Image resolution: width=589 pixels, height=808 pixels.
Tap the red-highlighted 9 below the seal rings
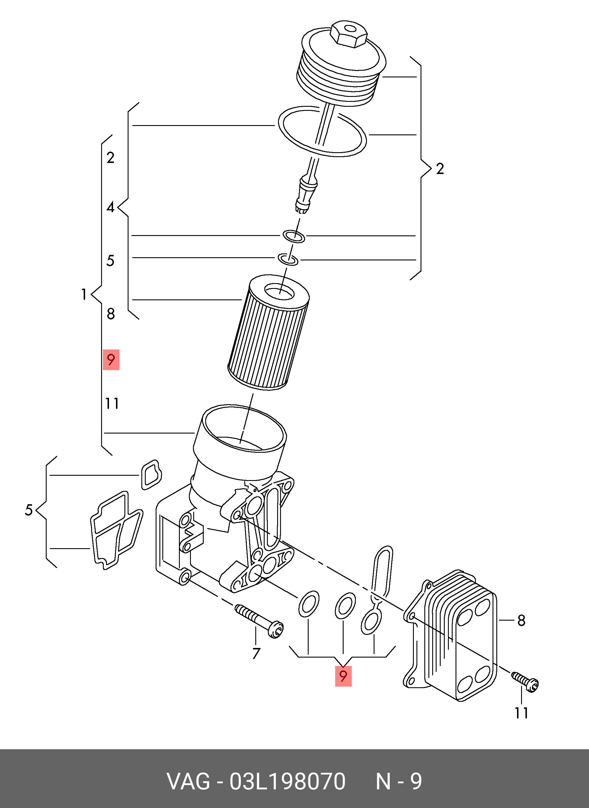pos(343,676)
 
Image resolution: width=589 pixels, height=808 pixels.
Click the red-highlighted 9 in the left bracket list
pos(111,360)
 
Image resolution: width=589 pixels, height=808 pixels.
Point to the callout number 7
pos(256,653)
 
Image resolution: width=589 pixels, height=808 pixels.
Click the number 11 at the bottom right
pos(521,713)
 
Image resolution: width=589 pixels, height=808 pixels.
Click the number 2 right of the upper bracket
pos(440,169)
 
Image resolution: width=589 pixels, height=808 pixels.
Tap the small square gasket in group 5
pos(151,475)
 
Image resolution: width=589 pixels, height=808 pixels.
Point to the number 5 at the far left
pos(29,510)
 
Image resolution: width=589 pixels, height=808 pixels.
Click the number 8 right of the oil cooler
pos(521,621)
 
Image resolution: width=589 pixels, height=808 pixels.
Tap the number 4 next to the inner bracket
pos(110,207)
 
